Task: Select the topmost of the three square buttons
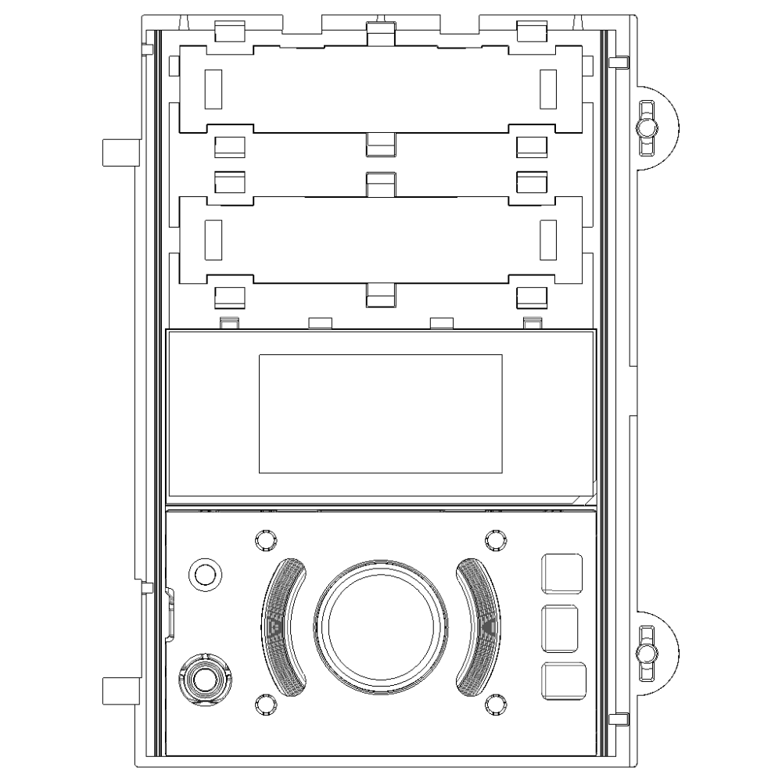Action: pyautogui.click(x=562, y=572)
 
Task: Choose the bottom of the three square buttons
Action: pyautogui.click(x=563, y=680)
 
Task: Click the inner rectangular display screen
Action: pyautogui.click(x=380, y=414)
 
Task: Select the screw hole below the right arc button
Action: pyautogui.click(x=493, y=703)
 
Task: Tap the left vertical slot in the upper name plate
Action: pyautogui.click(x=213, y=88)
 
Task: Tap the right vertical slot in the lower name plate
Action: pyautogui.click(x=548, y=240)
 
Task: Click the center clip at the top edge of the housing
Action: pyautogui.click(x=380, y=33)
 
